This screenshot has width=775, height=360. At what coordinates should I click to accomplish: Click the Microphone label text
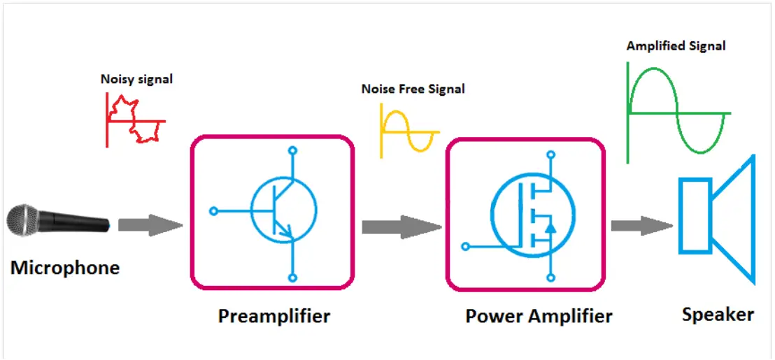pos(64,268)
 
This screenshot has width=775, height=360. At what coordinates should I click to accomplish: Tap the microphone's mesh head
pos(24,221)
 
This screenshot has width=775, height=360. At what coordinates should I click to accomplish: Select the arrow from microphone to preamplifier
pos(149,225)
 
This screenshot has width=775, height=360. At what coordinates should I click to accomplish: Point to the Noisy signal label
pos(136,79)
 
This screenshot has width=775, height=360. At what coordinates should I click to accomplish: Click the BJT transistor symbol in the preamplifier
pos(283,209)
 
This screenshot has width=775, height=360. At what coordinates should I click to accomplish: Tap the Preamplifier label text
pos(273,316)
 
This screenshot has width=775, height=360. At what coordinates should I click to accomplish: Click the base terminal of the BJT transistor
pos(214,210)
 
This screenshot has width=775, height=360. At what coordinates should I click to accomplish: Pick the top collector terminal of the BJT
pos(292,150)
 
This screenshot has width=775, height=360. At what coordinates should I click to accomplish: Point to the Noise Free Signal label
pos(413,89)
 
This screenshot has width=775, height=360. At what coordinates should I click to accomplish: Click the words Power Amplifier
pos(539,316)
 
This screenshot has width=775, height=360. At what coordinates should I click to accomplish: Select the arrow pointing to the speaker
pos(641,225)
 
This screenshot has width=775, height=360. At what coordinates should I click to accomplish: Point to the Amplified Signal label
pos(676,46)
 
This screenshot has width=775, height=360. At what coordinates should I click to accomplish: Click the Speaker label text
pos(718,315)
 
